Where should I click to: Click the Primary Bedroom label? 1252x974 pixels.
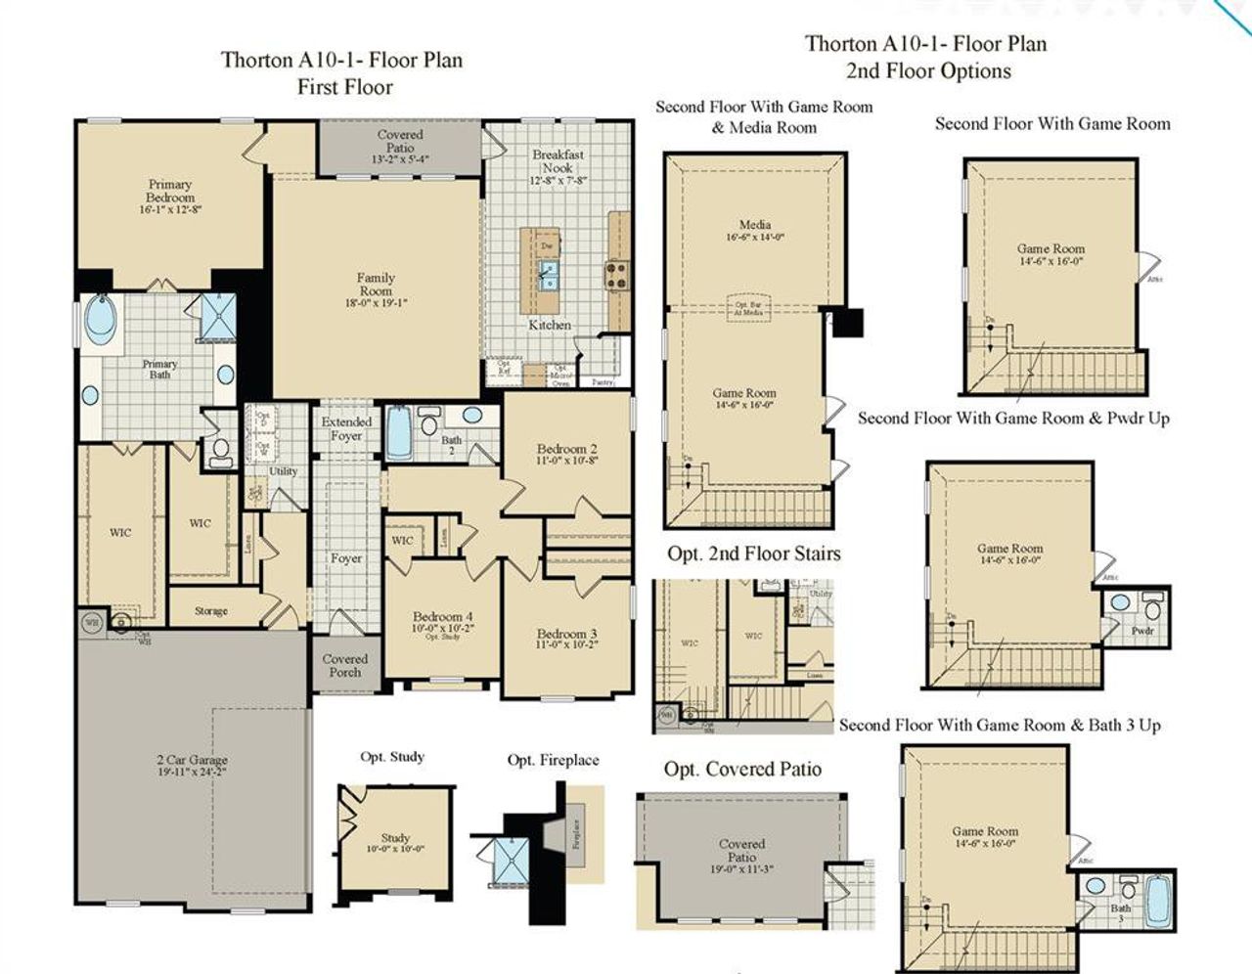[170, 191]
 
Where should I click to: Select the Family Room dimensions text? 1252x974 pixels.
[376, 303]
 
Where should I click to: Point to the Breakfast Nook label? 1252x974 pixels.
[558, 161]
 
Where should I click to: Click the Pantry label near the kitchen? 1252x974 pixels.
[604, 382]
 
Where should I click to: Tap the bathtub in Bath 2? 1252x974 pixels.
[400, 433]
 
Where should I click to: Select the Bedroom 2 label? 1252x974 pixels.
[566, 449]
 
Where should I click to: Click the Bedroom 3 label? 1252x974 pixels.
[566, 634]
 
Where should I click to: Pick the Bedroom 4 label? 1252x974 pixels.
[442, 617]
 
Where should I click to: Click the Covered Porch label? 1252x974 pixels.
[344, 666]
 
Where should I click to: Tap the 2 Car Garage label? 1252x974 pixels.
[192, 760]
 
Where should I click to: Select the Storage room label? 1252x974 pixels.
[210, 611]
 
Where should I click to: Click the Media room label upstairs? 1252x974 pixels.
[754, 225]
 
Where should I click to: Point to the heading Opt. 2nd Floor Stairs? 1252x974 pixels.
[754, 553]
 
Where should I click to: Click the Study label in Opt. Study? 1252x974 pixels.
[395, 838]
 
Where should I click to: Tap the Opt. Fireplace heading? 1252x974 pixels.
[553, 760]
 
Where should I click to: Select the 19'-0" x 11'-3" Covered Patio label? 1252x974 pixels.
[741, 867]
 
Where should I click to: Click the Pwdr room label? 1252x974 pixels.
[1142, 632]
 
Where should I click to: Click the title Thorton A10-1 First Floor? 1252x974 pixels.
[342, 72]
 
